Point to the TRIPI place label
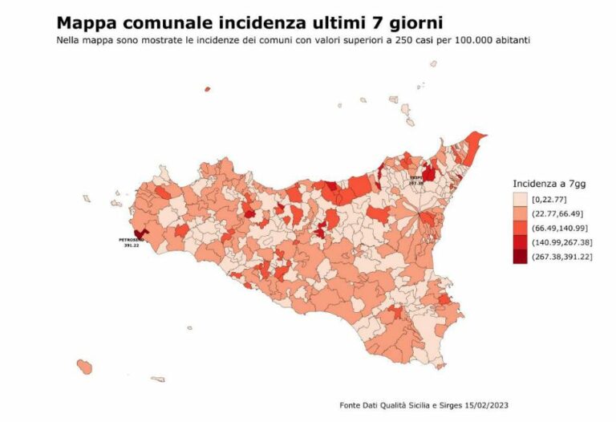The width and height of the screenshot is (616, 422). pos(415,177)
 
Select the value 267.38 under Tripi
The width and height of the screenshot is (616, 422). pos(415,182)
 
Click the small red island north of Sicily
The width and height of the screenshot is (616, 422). pos(207,89)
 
